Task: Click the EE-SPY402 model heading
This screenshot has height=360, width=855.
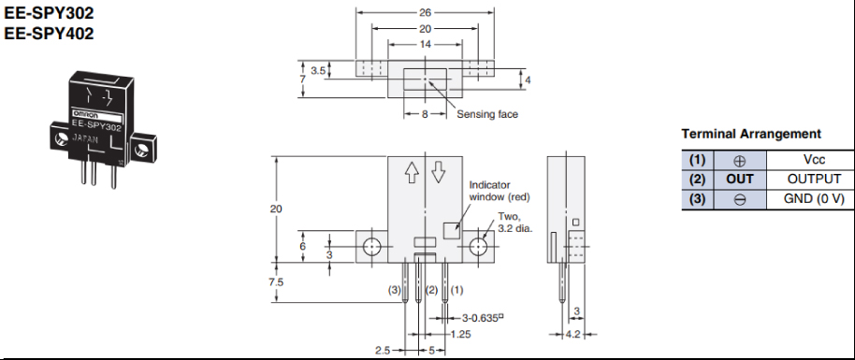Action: click(49, 34)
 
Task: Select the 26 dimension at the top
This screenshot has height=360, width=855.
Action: click(425, 11)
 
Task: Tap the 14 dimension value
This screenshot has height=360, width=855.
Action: click(425, 45)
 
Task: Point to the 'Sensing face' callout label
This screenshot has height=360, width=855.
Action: click(487, 114)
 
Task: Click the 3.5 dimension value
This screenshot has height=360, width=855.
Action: click(318, 71)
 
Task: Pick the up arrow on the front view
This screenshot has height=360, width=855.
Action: click(412, 173)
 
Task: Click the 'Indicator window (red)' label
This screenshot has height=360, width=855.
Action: click(500, 191)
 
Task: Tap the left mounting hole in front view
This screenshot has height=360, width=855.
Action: click(372, 247)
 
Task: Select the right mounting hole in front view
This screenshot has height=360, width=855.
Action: click(478, 247)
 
